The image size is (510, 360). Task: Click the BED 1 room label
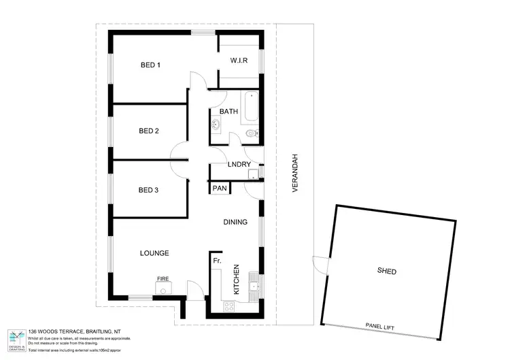(x=150, y=65)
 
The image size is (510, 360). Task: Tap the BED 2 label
(x=148, y=131)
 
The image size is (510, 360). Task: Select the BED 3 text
(x=148, y=190)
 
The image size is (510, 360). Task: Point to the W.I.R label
(x=238, y=61)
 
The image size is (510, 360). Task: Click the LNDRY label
(x=239, y=165)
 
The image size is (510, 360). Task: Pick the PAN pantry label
(x=219, y=189)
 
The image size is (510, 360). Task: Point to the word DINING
(x=235, y=222)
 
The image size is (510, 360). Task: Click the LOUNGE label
(x=154, y=253)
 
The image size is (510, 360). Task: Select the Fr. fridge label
(x=218, y=261)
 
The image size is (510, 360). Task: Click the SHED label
(x=386, y=272)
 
